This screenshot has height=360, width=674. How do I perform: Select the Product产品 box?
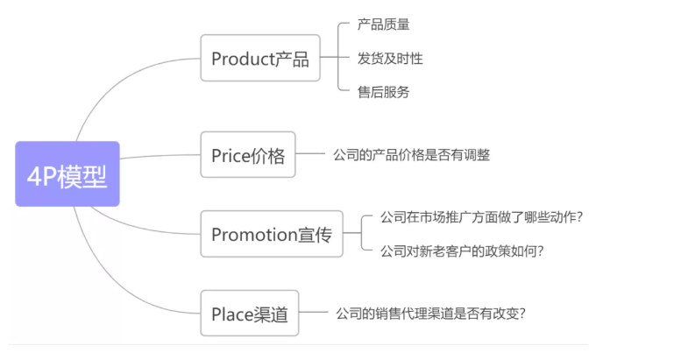pos(259,59)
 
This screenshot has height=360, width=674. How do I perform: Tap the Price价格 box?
pos(248,155)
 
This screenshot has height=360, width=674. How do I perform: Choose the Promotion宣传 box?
pos(271,234)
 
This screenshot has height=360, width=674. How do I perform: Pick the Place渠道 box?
pos(250,313)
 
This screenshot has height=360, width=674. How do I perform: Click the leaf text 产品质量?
pos(383,25)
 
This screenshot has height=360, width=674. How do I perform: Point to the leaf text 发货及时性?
pos(390,59)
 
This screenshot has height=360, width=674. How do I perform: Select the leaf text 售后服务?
pos(383,91)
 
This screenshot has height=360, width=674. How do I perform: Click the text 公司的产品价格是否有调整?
pos(411,155)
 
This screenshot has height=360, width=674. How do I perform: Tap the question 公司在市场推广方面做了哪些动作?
pos(481,217)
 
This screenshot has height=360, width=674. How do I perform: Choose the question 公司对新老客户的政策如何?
pos(462,251)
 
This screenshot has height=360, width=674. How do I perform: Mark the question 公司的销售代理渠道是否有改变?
pos(430,313)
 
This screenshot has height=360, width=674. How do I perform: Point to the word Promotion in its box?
pos(255,234)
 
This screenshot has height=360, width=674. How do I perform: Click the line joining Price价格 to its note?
pos(311,155)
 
